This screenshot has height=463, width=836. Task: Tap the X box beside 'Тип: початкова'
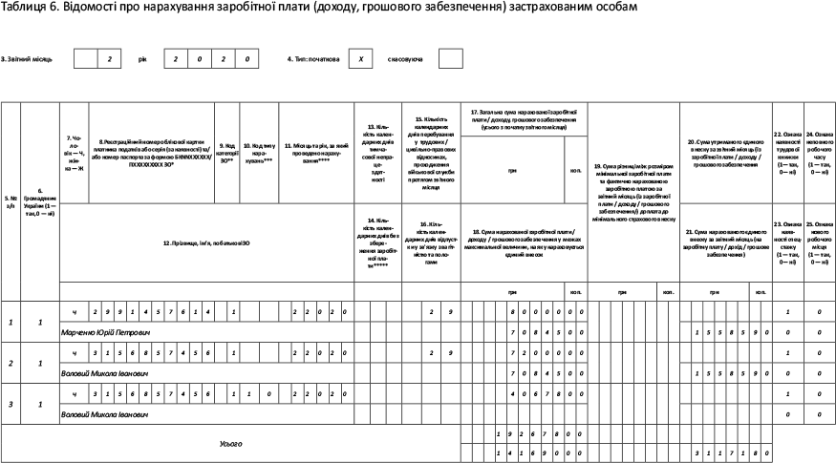tap(360, 59)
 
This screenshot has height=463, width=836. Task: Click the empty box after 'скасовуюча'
tap(450, 59)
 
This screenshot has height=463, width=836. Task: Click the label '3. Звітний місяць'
tap(27, 59)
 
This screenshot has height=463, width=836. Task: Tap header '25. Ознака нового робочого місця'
tap(819, 242)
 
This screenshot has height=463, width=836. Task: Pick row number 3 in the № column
tap(11, 405)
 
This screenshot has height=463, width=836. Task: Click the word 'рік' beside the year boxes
tap(142, 59)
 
